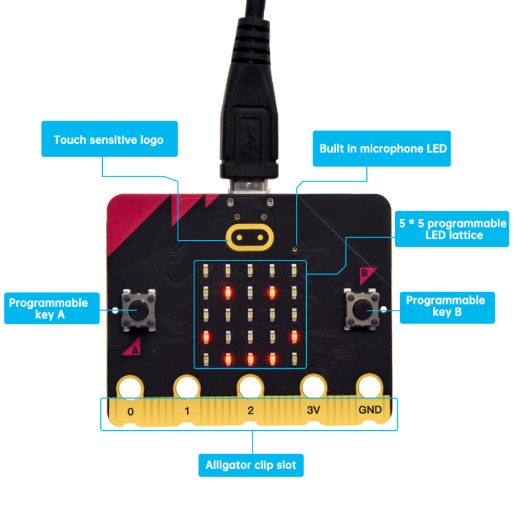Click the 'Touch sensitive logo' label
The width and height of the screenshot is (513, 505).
[x=108, y=139]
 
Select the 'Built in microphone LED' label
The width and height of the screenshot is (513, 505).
[x=382, y=149]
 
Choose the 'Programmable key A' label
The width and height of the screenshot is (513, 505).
[x=49, y=308]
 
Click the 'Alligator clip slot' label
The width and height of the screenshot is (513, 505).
[x=251, y=465]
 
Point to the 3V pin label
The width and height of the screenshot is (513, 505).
[x=314, y=410]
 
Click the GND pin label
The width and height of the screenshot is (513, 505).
[x=370, y=410]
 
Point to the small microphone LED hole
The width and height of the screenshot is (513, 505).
[x=295, y=249]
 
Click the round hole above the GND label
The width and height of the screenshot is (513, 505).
[x=369, y=387]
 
